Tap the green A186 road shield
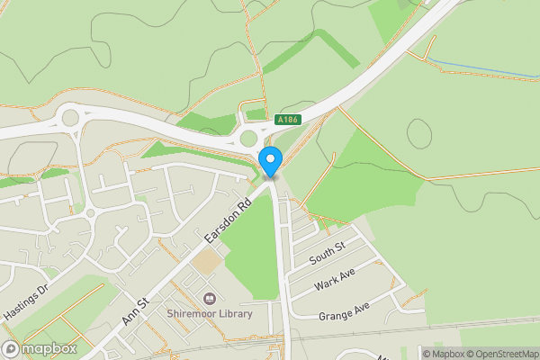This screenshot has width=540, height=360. point(288,120)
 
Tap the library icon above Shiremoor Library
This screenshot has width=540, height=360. point(210,298)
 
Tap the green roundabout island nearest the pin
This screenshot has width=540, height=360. point(249,139)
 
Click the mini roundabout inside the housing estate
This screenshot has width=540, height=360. point(91,211)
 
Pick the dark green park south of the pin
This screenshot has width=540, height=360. point(253,252)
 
